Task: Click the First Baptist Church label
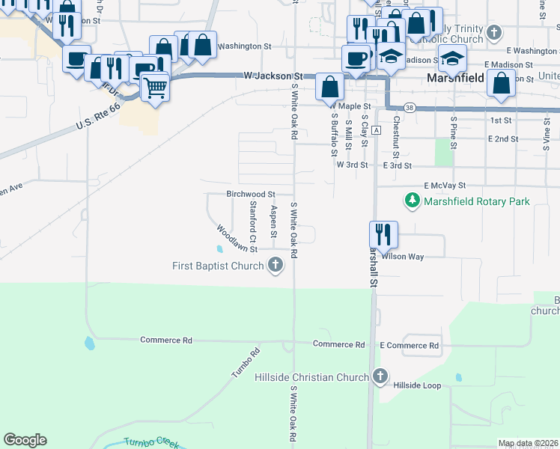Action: [x=217, y=266]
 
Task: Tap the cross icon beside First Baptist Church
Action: [x=276, y=265]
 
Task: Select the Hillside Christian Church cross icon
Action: [x=380, y=376]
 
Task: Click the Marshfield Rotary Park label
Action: [x=476, y=201]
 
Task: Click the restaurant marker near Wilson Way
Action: [x=383, y=234]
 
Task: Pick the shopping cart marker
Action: [x=155, y=88]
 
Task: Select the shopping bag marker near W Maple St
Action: [x=329, y=87]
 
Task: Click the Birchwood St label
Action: [x=251, y=194]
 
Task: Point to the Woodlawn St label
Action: [x=237, y=239]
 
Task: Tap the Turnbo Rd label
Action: [x=245, y=362]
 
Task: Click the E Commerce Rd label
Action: [x=409, y=345]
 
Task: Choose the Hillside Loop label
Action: [x=418, y=385]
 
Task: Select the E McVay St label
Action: [x=445, y=185]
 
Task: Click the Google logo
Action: [x=25, y=440]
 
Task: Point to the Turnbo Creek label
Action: [x=151, y=442]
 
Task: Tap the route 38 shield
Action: [x=409, y=107]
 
